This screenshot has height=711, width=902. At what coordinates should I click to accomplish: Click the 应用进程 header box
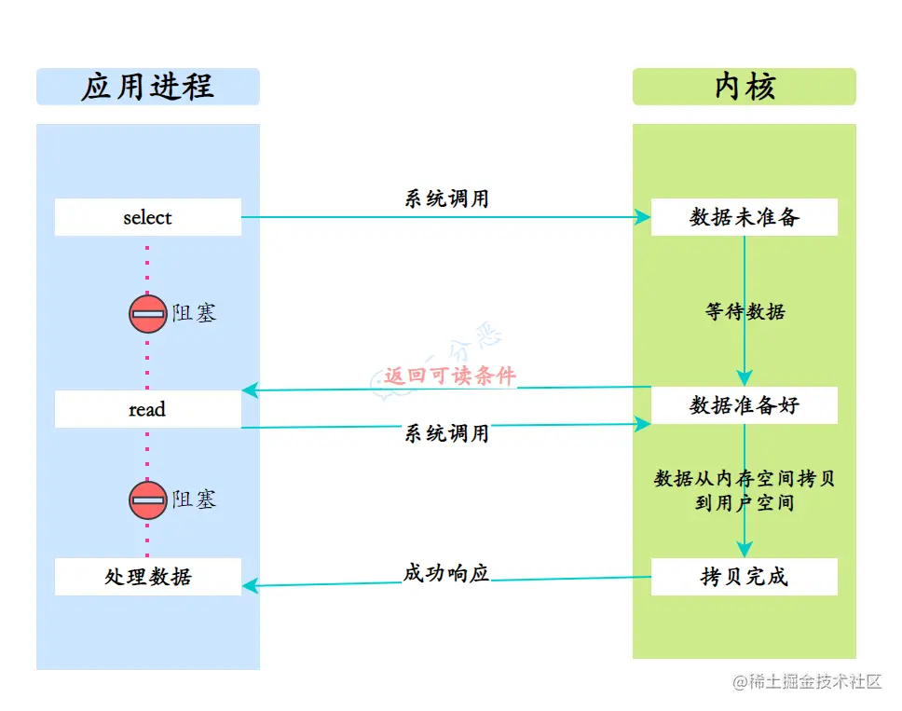click(147, 87)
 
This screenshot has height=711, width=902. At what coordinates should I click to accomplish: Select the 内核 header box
click(744, 87)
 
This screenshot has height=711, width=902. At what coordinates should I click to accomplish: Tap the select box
click(147, 217)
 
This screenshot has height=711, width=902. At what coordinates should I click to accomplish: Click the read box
click(147, 409)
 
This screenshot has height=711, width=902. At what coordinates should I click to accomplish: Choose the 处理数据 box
click(147, 577)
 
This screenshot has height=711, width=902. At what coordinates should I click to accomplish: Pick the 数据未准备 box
click(744, 217)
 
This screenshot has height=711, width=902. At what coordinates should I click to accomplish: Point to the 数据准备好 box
click(744, 405)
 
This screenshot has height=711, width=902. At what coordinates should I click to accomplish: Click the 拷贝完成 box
click(744, 577)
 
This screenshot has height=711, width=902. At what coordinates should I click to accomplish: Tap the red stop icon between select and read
click(147, 314)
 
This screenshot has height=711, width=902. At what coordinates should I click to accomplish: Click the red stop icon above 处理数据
click(147, 500)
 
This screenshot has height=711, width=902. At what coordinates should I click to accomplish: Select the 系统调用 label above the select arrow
click(446, 198)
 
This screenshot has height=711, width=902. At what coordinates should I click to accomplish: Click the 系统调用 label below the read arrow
click(446, 433)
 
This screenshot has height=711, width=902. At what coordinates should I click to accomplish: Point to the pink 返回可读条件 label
click(450, 376)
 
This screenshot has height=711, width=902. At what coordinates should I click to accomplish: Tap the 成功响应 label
click(446, 573)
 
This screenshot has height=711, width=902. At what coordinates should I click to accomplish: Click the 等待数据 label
click(745, 311)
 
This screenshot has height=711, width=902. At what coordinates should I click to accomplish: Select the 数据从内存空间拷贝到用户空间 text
click(745, 490)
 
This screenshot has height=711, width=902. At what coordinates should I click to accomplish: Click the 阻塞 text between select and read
click(194, 314)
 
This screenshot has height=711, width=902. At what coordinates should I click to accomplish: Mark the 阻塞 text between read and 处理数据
click(194, 500)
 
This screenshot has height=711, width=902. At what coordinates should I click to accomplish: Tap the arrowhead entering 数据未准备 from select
click(643, 217)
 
